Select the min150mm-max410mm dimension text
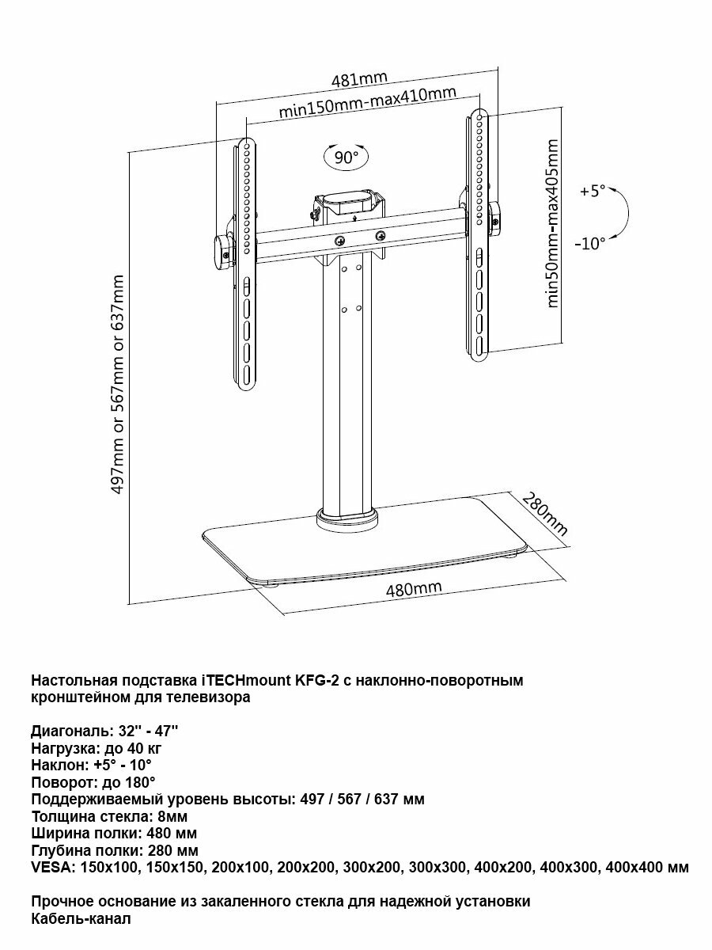tap(367, 104)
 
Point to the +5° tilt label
tap(592, 191)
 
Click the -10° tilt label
tap(590, 243)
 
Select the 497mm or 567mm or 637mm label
tap(119, 385)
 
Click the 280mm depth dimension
tap(545, 514)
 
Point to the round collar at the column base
tap(347, 519)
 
